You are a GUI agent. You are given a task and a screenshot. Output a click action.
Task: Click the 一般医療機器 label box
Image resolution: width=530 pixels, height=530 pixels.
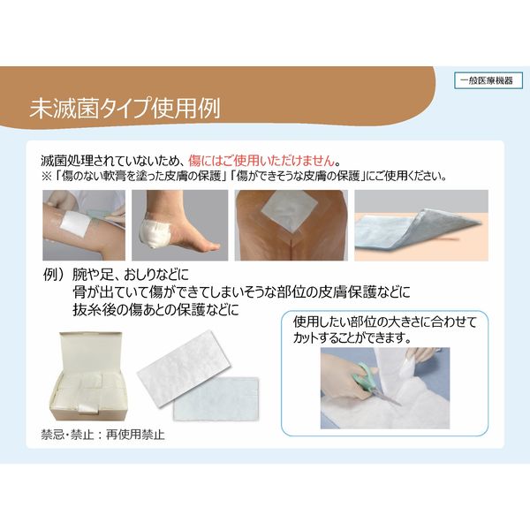[488, 80]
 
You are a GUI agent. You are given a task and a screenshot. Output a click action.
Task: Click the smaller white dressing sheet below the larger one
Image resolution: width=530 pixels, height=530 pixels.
[216, 399]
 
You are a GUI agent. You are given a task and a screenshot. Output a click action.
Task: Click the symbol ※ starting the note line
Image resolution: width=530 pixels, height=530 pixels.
[47, 175]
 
